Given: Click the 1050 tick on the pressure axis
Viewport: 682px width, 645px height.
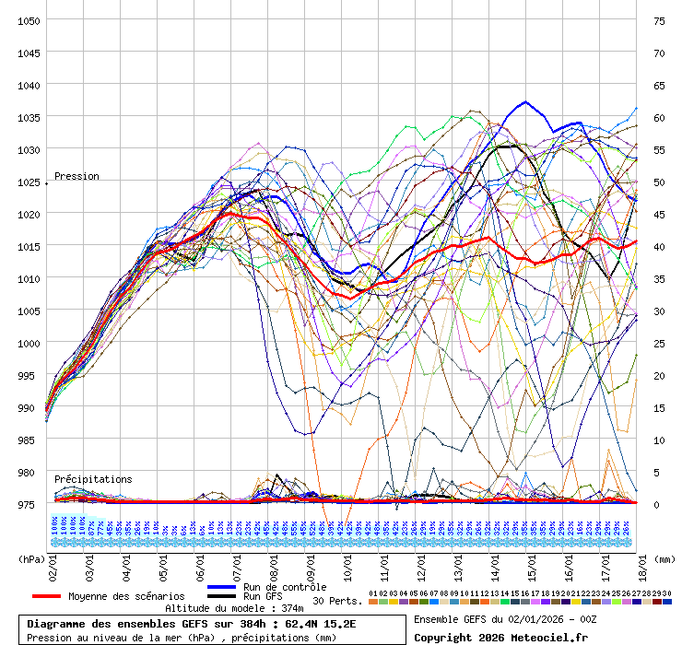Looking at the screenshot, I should pos(28,20).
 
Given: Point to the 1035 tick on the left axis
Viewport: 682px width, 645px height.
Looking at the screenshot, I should pos(28,117).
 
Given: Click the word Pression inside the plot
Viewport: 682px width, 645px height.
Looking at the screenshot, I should pos(76,176).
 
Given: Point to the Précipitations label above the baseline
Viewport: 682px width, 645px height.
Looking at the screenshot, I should pos(92,479).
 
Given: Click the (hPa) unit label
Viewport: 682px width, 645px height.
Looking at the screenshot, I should pos(32,558).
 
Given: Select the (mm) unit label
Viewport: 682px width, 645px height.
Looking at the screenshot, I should pos(663,558).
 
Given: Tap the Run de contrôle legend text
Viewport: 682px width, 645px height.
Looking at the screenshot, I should pos(284,587).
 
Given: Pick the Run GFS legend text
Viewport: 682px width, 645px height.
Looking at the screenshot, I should pos(265,596).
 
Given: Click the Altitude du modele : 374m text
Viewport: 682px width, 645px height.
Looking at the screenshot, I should pos(233,608).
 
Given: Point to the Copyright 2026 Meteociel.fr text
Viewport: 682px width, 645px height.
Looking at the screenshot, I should pos(500,637).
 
